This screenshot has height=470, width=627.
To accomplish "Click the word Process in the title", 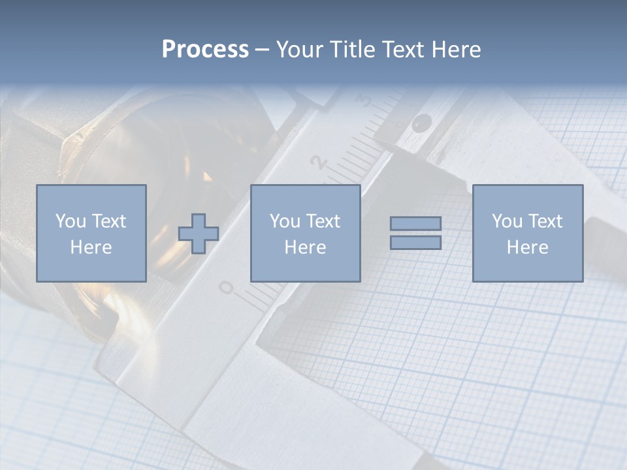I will click(205, 50).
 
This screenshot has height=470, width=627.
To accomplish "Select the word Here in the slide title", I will click(456, 50).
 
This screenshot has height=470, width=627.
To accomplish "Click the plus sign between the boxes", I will click(199, 234).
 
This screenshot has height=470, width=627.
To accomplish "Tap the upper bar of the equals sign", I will click(415, 224).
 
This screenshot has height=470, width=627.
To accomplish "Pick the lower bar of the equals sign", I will click(415, 243).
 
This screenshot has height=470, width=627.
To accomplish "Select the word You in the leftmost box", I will click(71, 221).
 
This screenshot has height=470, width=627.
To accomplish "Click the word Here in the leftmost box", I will click(91, 247).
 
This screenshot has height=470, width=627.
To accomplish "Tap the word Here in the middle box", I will click(305, 247).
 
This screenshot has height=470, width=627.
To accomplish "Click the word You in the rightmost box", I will click(507, 221).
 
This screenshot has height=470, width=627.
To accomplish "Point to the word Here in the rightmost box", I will click(527, 247).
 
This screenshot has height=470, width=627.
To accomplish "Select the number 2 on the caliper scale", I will click(319, 163).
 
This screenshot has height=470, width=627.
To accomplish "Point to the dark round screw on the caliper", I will click(423, 121).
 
